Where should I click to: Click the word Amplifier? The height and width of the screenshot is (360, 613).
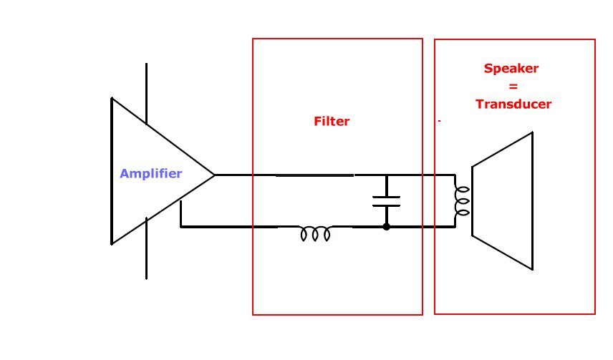point(151,173)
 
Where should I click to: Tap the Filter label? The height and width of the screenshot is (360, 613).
point(332,121)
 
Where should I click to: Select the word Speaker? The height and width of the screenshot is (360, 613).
point(511,69)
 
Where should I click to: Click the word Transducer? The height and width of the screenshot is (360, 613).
point(513,104)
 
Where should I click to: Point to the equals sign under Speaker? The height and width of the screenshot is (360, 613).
point(513,87)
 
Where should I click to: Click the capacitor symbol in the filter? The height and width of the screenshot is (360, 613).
point(386,201)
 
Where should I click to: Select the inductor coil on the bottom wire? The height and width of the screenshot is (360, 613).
point(315,233)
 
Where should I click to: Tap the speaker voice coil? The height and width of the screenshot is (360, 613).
point(462,201)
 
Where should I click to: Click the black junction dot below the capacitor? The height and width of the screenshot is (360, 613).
point(386,227)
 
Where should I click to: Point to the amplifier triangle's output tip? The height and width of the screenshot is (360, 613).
point(214,175)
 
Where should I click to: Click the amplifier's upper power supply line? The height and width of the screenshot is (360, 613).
point(146,94)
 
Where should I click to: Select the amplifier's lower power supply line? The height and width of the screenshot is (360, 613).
point(146,248)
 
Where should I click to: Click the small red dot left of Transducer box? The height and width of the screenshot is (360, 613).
point(440,121)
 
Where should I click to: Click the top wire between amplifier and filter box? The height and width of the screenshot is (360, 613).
point(233,175)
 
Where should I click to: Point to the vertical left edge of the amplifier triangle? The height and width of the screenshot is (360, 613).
point(112,171)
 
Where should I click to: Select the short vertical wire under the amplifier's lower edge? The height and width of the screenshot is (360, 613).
point(180,213)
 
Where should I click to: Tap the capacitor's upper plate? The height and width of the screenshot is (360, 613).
point(386,197)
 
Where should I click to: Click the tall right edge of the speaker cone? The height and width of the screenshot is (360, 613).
point(533,201)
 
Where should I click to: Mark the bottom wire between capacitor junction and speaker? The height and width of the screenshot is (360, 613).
point(420,227)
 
